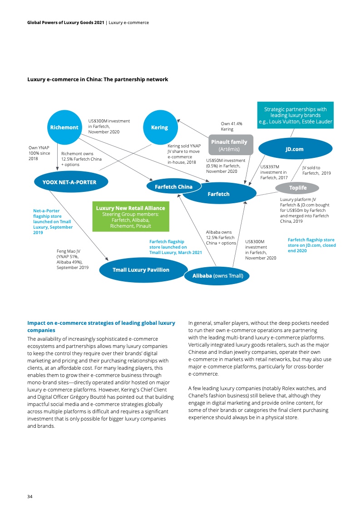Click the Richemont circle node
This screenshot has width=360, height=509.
[x=64, y=127]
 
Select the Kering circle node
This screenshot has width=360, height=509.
[x=159, y=127]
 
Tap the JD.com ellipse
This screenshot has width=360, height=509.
[x=294, y=149]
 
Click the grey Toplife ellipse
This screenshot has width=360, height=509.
[x=298, y=188]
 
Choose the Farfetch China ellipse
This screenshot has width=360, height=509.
[x=173, y=186]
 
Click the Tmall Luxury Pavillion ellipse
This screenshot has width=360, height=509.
[x=141, y=269]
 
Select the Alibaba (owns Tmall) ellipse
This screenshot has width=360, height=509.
[x=217, y=275]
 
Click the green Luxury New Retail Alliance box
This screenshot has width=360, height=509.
[x=130, y=216]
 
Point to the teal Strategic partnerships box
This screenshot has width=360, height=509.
[x=295, y=115]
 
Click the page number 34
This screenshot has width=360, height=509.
[x=30, y=496]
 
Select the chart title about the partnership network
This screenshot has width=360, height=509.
[x=98, y=79]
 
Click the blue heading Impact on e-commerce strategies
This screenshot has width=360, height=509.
[x=101, y=327]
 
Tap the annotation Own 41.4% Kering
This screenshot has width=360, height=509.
[x=231, y=126]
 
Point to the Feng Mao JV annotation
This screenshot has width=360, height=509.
[x=72, y=259]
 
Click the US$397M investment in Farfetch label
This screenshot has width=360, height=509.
[x=274, y=172]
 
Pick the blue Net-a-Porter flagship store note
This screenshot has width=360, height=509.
[x=53, y=221]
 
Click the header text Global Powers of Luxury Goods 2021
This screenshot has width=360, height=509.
[x=65, y=22]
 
